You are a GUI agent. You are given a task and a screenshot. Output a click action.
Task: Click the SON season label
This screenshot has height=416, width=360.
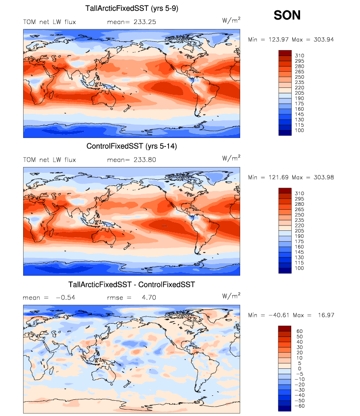(287, 16)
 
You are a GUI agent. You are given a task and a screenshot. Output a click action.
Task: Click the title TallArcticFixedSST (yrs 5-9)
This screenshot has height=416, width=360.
(132, 8)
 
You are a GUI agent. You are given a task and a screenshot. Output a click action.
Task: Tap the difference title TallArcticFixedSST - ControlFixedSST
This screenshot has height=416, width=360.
(132, 285)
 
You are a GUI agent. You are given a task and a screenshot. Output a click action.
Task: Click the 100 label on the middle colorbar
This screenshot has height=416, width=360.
(299, 268)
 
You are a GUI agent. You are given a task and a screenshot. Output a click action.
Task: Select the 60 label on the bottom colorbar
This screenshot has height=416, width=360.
(299, 332)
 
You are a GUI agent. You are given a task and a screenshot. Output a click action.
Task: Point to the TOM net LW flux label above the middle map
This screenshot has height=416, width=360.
(50, 160)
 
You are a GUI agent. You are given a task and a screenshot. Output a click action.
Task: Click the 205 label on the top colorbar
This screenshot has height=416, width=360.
(299, 93)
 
